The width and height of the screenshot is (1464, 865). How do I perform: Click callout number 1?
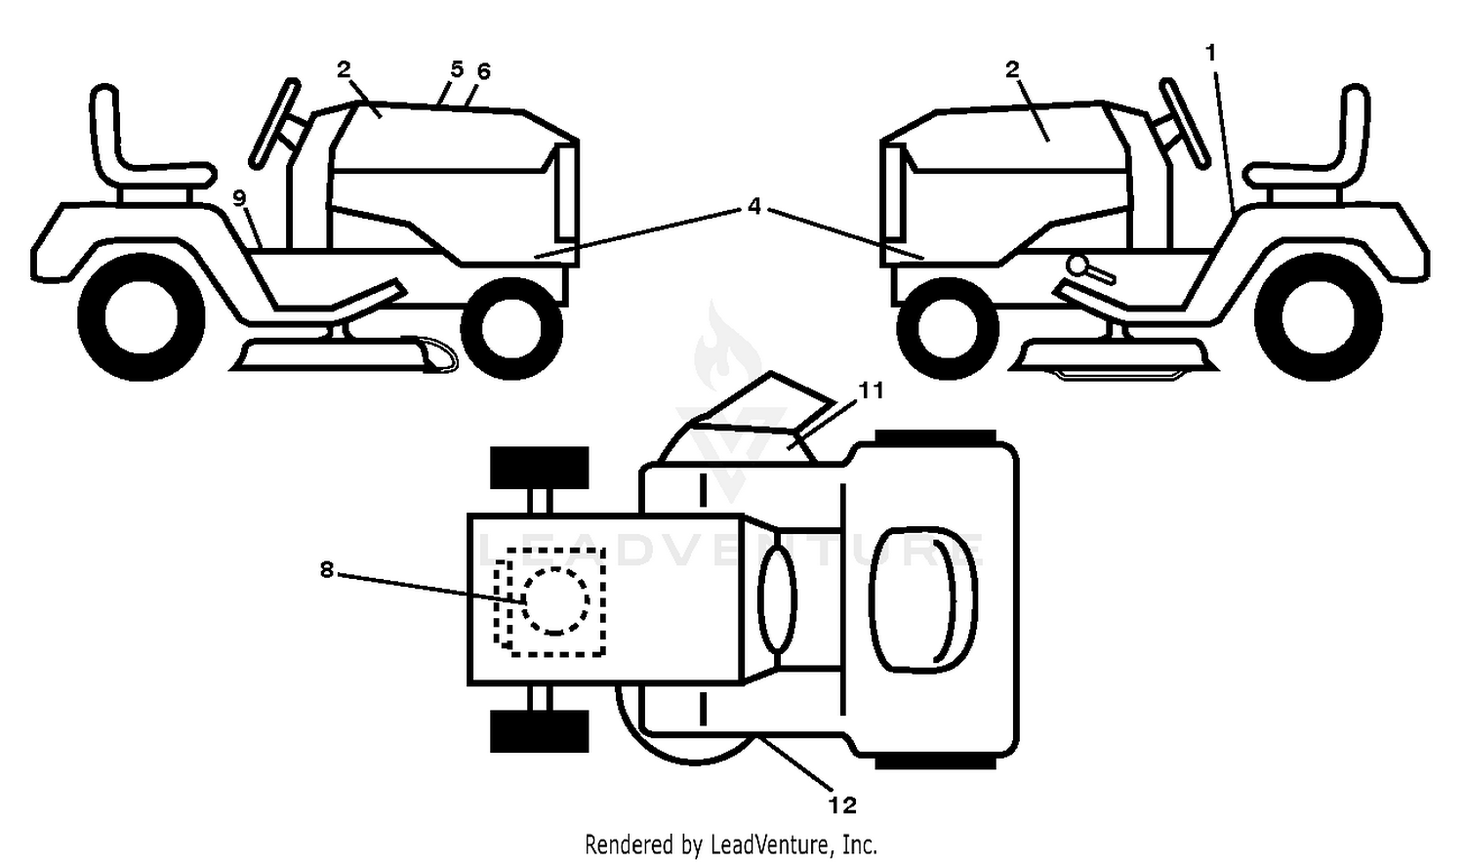click(1210, 53)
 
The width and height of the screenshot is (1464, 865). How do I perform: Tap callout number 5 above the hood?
click(456, 69)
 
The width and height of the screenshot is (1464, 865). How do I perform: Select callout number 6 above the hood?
click(483, 71)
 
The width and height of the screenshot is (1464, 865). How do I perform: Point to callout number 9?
click(239, 197)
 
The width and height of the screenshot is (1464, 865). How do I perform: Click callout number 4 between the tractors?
click(754, 207)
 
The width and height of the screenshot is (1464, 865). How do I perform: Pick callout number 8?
click(327, 570)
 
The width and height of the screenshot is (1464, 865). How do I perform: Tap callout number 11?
click(871, 391)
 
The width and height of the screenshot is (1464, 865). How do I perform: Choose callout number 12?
click(842, 805)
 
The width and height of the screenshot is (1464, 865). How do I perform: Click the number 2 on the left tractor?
click(344, 68)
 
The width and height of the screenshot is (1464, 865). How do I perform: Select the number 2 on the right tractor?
click(1012, 68)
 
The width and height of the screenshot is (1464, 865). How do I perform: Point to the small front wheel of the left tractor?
click(511, 328)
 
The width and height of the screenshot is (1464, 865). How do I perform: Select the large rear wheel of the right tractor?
click(1319, 317)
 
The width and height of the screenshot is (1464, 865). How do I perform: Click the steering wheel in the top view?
click(777, 600)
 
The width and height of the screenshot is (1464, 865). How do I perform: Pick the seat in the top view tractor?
click(923, 599)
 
